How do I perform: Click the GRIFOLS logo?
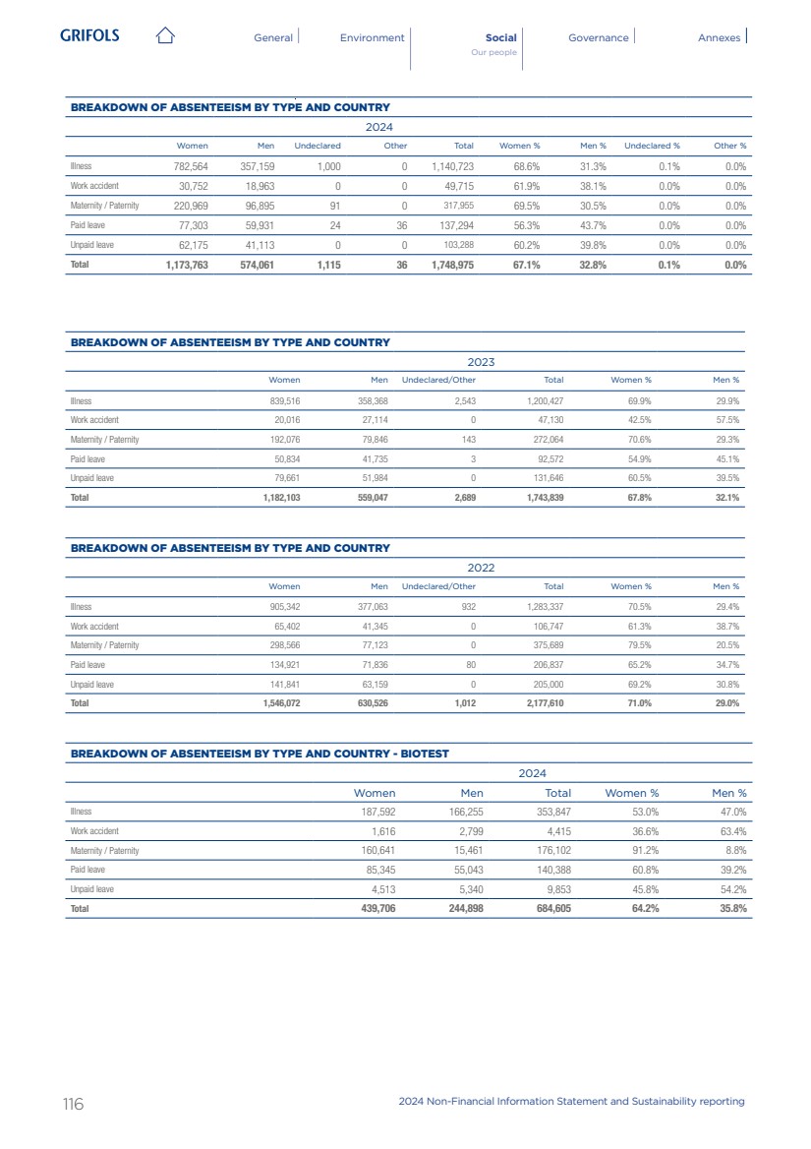coord(89,36)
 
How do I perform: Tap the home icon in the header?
coord(165,37)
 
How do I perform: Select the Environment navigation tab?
coord(372,37)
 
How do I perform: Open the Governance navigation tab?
coord(598,37)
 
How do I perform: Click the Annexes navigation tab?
coord(719,37)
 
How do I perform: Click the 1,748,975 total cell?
coord(452,265)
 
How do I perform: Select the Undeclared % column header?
coord(652,147)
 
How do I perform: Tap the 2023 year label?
coord(481,362)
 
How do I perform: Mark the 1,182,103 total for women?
coord(281,498)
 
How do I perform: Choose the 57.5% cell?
coord(726,420)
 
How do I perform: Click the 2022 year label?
coord(481,568)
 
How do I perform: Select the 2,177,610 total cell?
coord(543,703)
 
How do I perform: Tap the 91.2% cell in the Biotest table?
coord(644,851)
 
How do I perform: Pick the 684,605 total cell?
coord(549,909)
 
